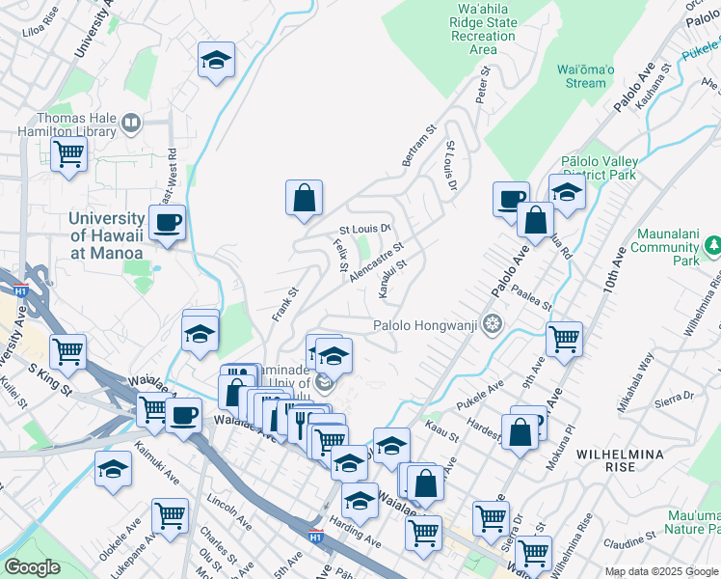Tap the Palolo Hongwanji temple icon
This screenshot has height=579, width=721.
[x=494, y=324]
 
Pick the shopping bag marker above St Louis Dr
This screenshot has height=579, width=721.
[x=304, y=199]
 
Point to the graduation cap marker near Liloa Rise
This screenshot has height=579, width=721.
[x=217, y=61]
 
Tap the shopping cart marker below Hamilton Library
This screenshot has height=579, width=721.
[x=68, y=154]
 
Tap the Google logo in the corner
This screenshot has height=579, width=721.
[x=32, y=566]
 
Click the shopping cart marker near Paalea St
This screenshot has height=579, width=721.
[x=564, y=339]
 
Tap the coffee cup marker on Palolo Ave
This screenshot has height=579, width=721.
[x=511, y=200]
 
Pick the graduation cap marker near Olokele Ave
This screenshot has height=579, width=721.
[x=114, y=470]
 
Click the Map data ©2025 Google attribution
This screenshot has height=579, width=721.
[x=661, y=571]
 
